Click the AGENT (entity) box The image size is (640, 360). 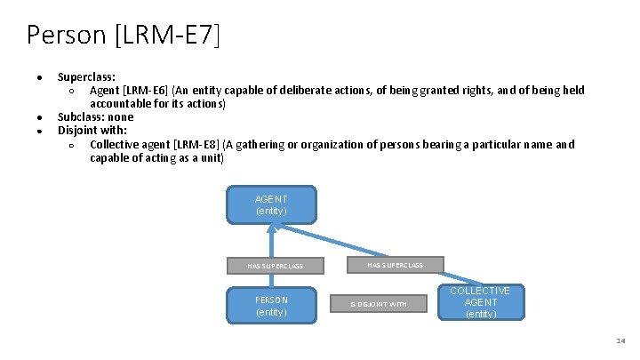click(271, 204)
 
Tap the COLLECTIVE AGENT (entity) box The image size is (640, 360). click(480, 302)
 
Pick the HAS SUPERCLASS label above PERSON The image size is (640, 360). click(275, 266)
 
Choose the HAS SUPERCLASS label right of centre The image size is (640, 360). click(395, 265)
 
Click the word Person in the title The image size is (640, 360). click(66, 35)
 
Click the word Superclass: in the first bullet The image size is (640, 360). click(86, 77)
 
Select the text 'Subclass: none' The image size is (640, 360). click(95, 117)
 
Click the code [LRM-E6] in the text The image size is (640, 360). click(147, 91)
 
